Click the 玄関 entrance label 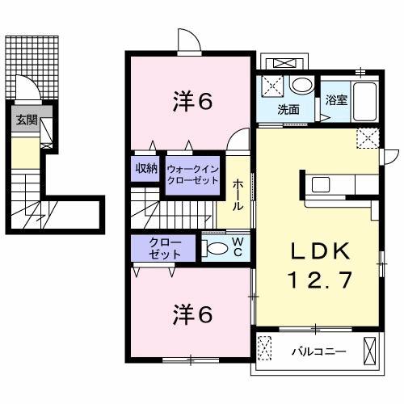coord(27,120)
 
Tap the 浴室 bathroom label coord(336,100)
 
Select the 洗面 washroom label coord(288,110)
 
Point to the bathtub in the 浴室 coord(365,102)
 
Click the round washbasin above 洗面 coord(301,85)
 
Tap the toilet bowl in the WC coord(217,248)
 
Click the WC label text coord(238,247)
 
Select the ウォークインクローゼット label coord(193,175)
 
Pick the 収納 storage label coord(146,169)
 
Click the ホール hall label coord(238,196)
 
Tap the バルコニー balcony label coord(319,351)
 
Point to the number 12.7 coord(321,280)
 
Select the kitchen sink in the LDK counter coord(321,185)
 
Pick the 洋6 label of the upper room coord(193,102)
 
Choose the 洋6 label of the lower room coord(193,314)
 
